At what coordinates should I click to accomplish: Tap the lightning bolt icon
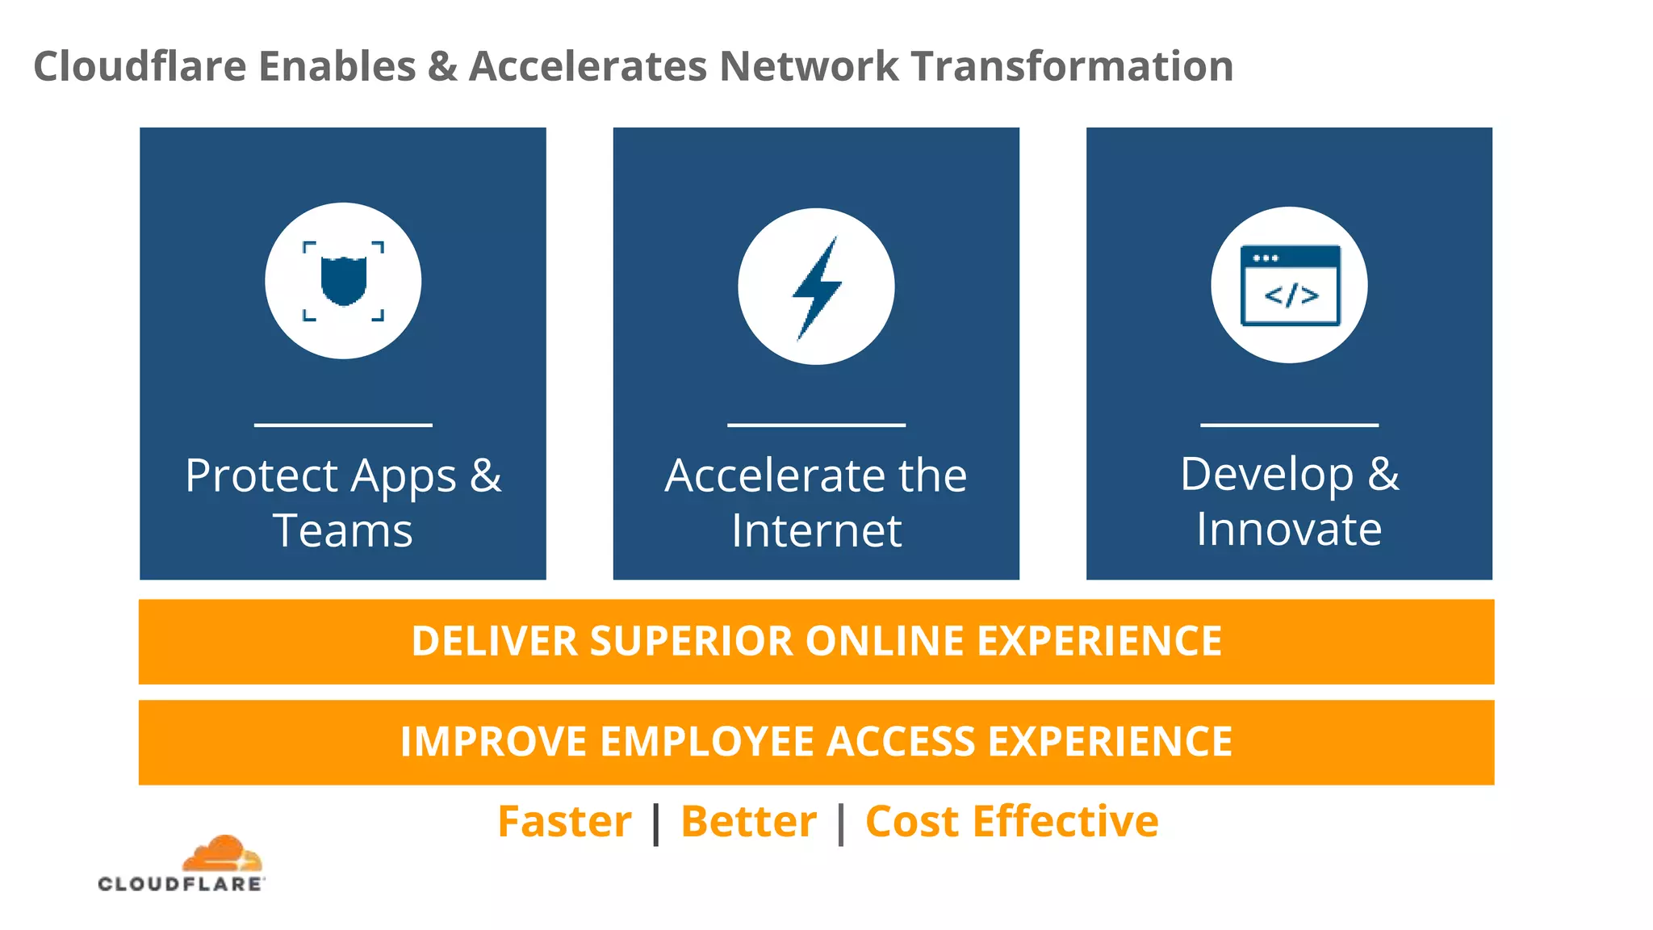tap(816, 287)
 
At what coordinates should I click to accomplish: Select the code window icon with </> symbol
tap(1290, 285)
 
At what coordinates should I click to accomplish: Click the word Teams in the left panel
tap(343, 531)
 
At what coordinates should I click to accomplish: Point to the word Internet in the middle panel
tap(816, 531)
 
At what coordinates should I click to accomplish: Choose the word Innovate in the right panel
tap(1289, 530)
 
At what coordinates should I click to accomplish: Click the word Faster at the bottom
tap(564, 822)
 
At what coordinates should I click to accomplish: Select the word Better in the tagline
tap(748, 822)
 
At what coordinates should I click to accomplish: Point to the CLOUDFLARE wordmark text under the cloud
tap(181, 884)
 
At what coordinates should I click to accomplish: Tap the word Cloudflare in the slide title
tap(140, 66)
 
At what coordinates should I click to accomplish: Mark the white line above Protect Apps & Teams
tap(343, 425)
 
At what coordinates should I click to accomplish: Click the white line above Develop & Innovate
tap(1289, 425)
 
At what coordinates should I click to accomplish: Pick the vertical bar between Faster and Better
tap(656, 823)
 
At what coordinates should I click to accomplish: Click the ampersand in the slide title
tap(442, 66)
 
